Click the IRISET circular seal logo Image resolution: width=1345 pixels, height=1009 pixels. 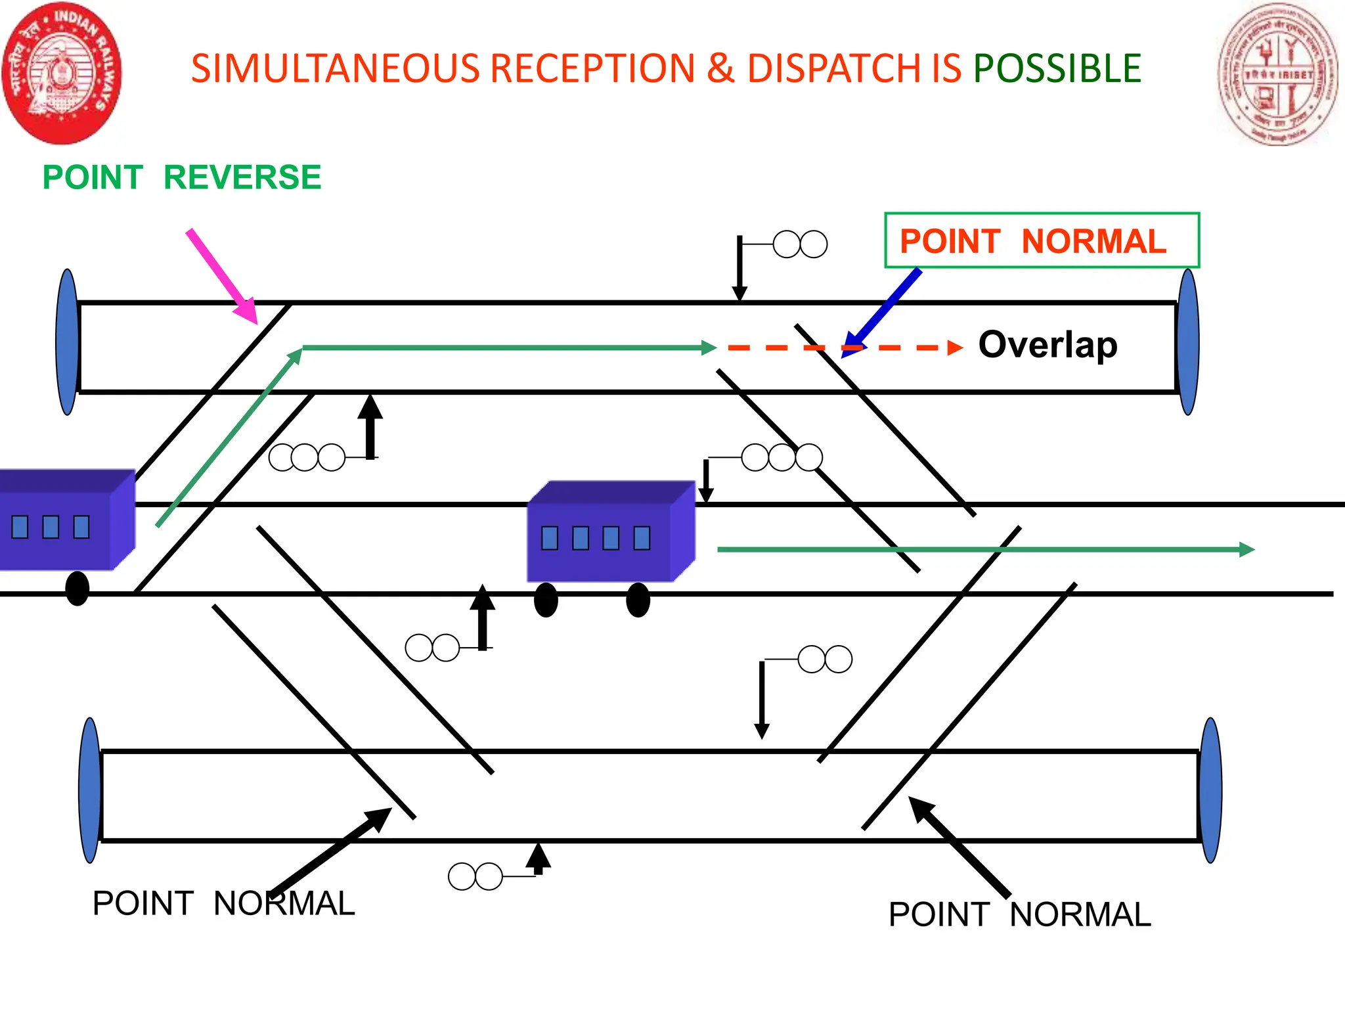click(1277, 74)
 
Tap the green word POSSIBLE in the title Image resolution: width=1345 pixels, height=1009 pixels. click(1057, 68)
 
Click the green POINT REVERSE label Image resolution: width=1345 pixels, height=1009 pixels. click(182, 177)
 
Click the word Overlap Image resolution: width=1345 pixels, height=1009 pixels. click(1047, 345)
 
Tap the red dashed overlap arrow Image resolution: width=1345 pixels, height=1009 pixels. click(847, 348)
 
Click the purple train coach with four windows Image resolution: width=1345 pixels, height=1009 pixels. click(611, 532)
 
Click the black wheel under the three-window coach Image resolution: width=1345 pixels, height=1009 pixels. click(77, 588)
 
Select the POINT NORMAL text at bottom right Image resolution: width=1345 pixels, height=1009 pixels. click(1019, 914)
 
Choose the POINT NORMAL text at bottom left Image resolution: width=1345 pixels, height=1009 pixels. click(223, 903)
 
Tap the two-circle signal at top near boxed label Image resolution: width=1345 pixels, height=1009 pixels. click(800, 244)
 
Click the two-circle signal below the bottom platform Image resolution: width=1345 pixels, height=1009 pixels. click(475, 876)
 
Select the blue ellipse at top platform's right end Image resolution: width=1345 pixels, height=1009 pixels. click(1188, 342)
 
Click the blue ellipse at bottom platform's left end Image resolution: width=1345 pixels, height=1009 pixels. click(90, 790)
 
